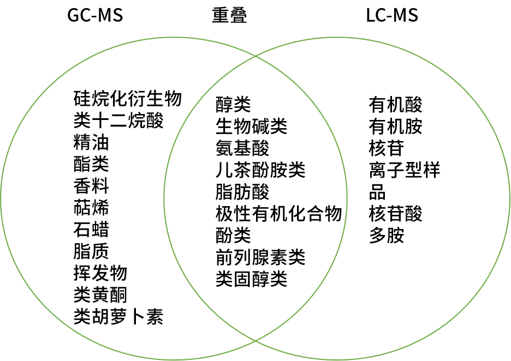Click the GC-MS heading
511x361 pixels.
click(95, 15)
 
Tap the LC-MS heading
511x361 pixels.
click(392, 15)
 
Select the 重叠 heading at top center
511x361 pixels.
click(229, 15)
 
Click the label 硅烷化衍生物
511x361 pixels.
click(127, 99)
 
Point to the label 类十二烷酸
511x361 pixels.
click(118, 121)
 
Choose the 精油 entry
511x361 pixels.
click(91, 142)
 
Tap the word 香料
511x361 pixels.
click(91, 186)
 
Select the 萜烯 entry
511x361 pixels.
click(91, 208)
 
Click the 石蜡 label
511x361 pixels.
click(91, 230)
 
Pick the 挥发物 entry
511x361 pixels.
click(100, 273)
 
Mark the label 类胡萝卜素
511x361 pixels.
click(118, 316)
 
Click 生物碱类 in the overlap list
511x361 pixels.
click(251, 127)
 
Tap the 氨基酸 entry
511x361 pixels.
click(242, 148)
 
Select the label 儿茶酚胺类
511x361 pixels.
click(260, 170)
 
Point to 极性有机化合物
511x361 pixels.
click(278, 214)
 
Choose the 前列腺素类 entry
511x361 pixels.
click(260, 257)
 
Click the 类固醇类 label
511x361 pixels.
click(251, 279)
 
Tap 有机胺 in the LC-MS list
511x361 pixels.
click(395, 127)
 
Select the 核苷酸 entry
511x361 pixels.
click(395, 214)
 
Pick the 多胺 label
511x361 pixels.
click(387, 236)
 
